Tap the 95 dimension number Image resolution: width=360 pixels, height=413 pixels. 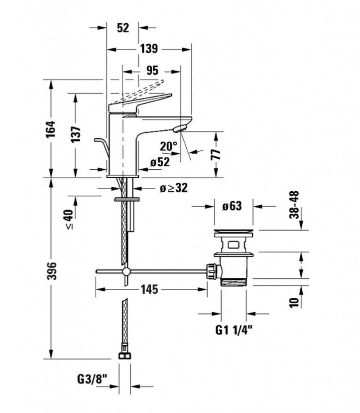(x=152, y=70)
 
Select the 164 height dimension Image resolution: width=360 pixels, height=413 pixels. (x=51, y=129)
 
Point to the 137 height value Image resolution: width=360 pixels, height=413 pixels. (x=76, y=134)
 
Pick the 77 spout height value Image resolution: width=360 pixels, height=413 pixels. (x=216, y=154)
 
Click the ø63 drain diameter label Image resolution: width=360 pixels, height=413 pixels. (x=232, y=206)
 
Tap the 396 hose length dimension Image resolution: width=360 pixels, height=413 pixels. (x=52, y=271)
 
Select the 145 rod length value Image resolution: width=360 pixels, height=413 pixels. (x=149, y=289)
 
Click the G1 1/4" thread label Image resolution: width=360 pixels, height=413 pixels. (x=234, y=330)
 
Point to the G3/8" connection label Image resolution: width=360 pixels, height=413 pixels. (x=92, y=380)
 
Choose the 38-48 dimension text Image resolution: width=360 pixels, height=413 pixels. (x=294, y=204)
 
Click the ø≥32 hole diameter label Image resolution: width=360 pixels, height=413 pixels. (x=174, y=188)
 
